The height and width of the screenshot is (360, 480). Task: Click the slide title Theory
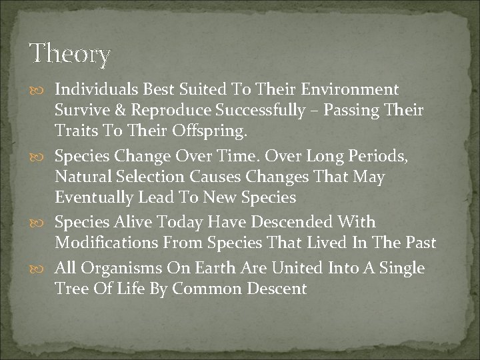click(x=70, y=54)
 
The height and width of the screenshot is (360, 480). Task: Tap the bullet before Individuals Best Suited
click(x=43, y=90)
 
